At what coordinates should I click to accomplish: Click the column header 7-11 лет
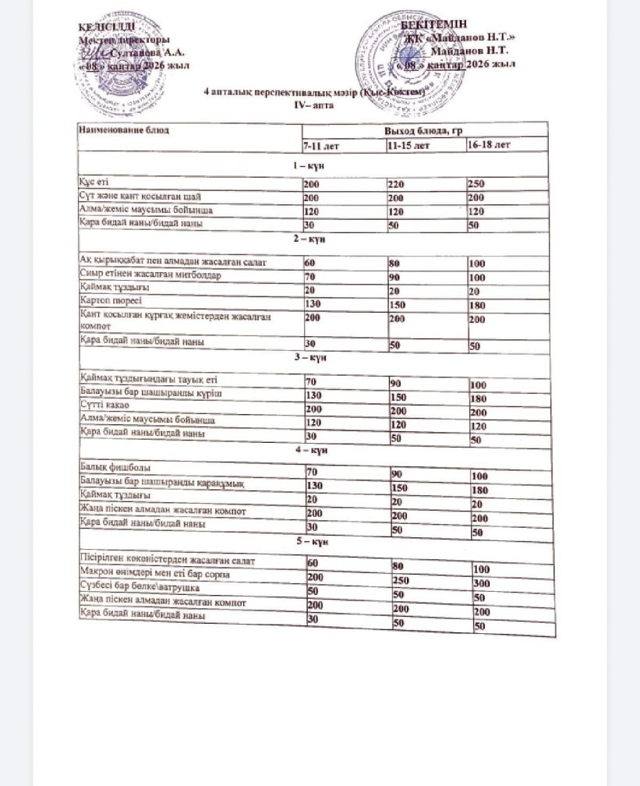pos(321,146)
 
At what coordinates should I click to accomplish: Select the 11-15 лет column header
pos(408,145)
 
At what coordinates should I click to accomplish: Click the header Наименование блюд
pos(124,129)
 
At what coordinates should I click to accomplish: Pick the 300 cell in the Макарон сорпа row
pos(483,583)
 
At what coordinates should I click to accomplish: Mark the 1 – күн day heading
pos(308,165)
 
